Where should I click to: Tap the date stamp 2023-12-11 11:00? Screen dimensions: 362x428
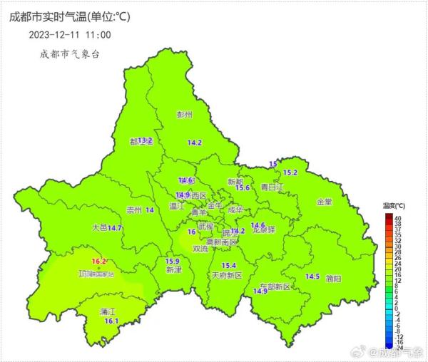tap(70, 34)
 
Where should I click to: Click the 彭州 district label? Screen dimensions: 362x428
tap(185, 114)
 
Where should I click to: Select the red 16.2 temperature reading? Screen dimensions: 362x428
tap(99, 262)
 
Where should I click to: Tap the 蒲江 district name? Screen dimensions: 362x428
tap(108, 311)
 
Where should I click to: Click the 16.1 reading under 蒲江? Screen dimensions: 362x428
tap(111, 321)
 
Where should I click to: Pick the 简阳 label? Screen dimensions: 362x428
tap(333, 278)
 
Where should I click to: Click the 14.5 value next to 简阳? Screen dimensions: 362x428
tap(312, 276)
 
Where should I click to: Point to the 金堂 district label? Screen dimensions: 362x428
tap(324, 202)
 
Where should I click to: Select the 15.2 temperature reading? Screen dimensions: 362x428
tap(290, 172)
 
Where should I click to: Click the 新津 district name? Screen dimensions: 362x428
tap(173, 270)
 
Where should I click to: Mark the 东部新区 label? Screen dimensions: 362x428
tap(275, 286)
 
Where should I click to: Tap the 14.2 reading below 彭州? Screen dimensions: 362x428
tap(194, 143)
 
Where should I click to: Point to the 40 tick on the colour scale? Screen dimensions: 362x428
tap(397, 217)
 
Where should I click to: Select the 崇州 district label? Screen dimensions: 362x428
tap(133, 210)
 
